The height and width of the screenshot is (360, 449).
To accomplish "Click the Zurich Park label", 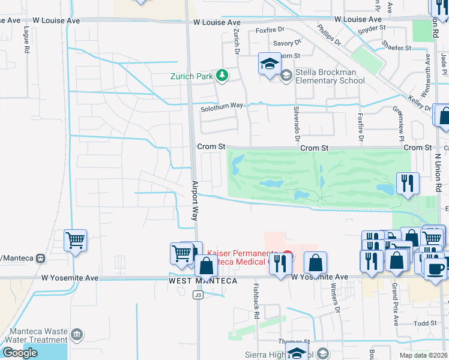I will (x=191, y=76).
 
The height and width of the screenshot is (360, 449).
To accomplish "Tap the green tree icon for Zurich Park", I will (x=223, y=75).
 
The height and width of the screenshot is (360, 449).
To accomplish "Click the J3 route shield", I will (x=197, y=295).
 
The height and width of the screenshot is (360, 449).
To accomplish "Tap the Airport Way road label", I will (x=195, y=200).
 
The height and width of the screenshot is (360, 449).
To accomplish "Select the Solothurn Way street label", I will (x=222, y=106).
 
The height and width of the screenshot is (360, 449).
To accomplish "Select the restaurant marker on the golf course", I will (x=408, y=184).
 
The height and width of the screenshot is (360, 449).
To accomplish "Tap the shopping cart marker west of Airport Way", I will (x=76, y=241).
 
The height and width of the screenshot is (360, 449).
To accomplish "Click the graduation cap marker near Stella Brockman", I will (x=270, y=64).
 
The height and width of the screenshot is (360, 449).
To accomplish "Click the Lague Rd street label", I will (x=27, y=40).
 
